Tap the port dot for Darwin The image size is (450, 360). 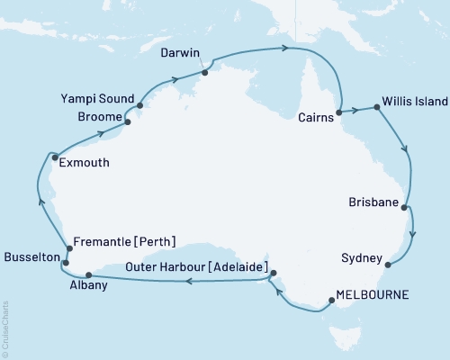click(205, 72)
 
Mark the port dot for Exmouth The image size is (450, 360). click(55, 156)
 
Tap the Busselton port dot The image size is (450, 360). click(65, 263)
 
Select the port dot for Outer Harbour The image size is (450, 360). click(273, 273)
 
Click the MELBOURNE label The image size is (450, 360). click(372, 294)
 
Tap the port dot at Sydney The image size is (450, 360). click(387, 265)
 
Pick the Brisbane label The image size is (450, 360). click(373, 204)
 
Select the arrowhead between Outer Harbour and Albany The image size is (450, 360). click(188, 282)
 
